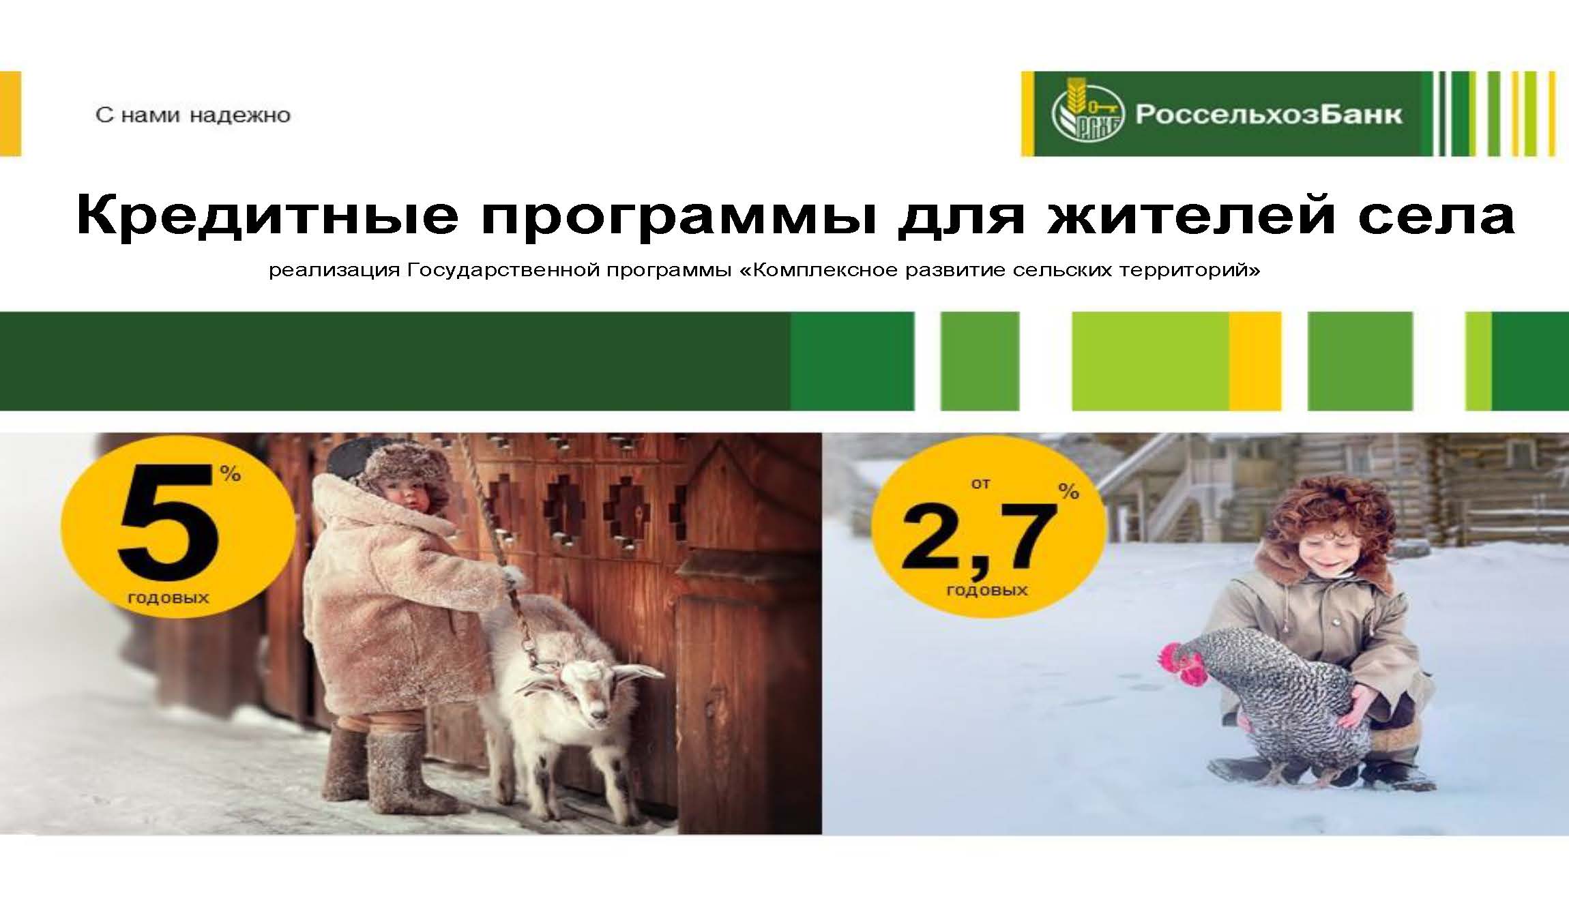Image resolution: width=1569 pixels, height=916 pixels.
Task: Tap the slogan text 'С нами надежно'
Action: (193, 115)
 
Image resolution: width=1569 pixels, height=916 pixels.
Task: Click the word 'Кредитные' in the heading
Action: (267, 214)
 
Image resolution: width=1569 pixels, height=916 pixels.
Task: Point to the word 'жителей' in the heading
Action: (1190, 214)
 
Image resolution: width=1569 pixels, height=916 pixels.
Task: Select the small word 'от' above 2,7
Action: (981, 484)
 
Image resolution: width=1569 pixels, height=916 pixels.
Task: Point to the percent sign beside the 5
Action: (230, 473)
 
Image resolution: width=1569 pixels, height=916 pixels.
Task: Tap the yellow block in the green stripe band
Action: (1255, 361)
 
